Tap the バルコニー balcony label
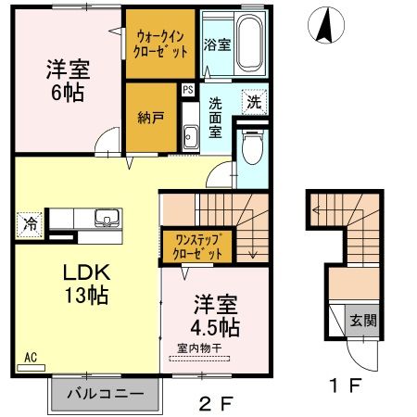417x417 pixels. pyautogui.click(x=104, y=394)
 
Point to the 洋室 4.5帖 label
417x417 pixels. pyautogui.click(x=216, y=315)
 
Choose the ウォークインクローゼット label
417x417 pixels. pyautogui.click(x=162, y=44)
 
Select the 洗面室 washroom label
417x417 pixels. pyautogui.click(x=214, y=119)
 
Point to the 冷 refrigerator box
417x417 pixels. pyautogui.click(x=30, y=223)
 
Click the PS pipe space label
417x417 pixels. pyautogui.click(x=188, y=90)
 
